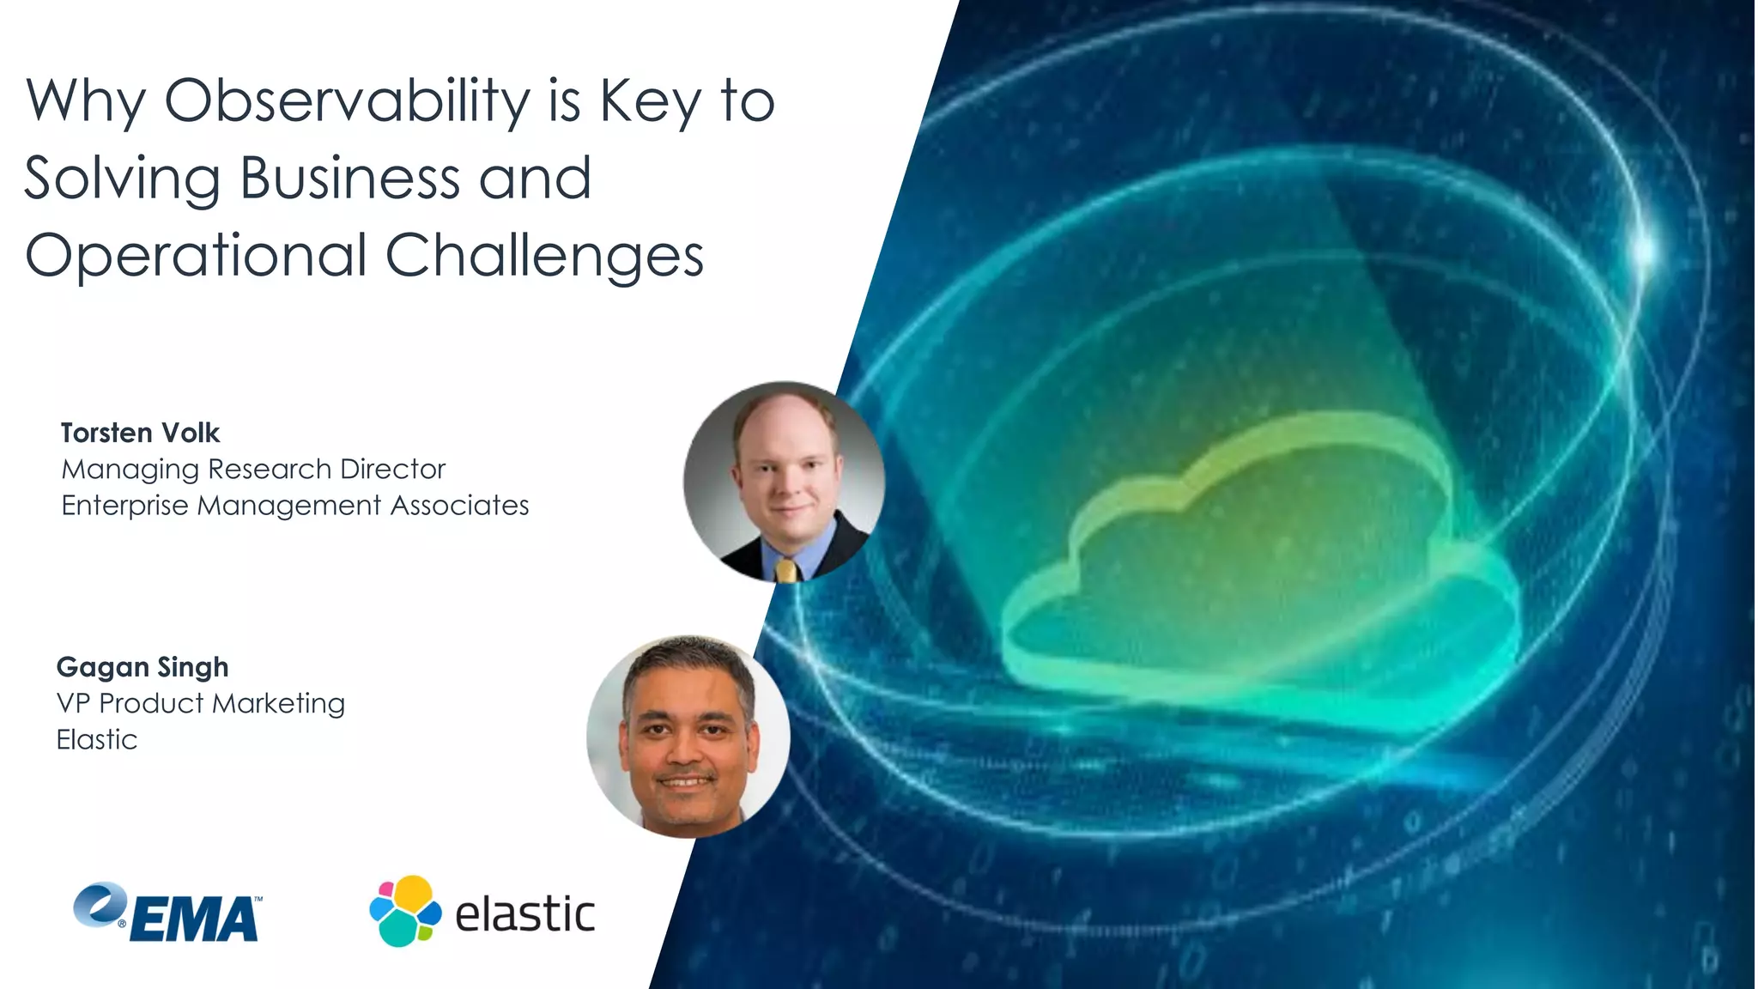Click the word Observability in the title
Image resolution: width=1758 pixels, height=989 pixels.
(348, 101)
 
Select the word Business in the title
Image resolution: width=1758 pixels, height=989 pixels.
(349, 178)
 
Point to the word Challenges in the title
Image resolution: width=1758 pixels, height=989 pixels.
(544, 255)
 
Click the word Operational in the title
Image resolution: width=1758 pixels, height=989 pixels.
(197, 255)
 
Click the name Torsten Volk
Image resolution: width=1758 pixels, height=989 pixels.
(140, 433)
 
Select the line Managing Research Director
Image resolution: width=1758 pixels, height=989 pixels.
(253, 469)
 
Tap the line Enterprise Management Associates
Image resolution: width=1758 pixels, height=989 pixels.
(294, 505)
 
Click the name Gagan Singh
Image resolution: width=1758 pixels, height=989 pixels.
(142, 667)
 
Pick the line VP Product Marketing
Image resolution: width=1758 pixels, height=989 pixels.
(200, 703)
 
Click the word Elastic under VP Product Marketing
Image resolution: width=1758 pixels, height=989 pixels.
(96, 739)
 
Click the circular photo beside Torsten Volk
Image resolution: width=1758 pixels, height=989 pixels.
(784, 482)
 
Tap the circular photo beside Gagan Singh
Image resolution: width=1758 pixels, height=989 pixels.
(688, 736)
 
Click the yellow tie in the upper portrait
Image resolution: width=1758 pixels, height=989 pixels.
(785, 570)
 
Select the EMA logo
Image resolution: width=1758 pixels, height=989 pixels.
(168, 913)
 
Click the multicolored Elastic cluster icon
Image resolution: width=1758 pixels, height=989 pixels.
(405, 911)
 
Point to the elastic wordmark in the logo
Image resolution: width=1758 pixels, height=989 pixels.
(524, 913)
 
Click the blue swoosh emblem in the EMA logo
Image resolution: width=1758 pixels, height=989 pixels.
(100, 905)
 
